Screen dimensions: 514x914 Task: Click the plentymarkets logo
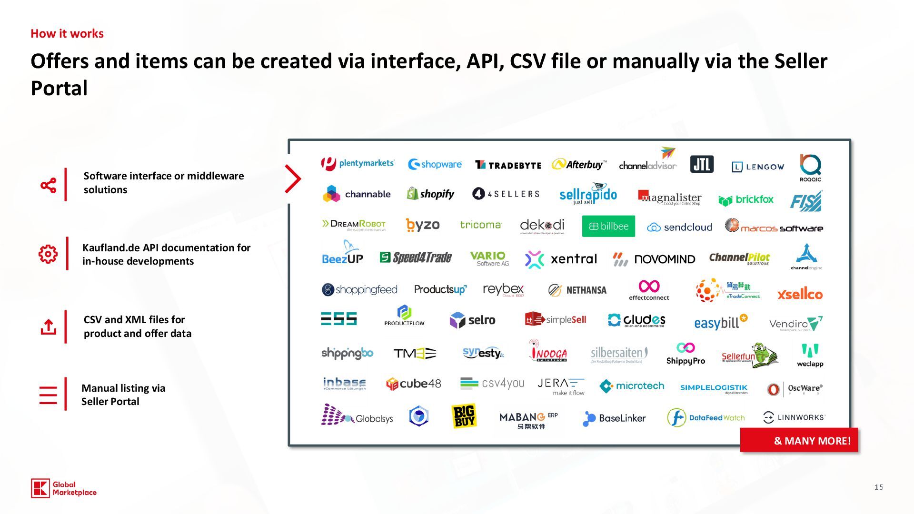[x=358, y=164]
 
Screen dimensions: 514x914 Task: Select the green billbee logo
[x=608, y=227]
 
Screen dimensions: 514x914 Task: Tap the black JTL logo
[x=702, y=165]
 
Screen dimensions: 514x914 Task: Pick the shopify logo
[x=430, y=194]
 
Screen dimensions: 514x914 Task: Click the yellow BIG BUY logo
[x=464, y=416]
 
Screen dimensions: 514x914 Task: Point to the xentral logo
[x=561, y=259]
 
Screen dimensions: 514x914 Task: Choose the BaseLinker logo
[x=614, y=418]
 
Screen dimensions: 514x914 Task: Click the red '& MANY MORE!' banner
[x=799, y=441]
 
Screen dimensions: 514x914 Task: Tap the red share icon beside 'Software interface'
[x=49, y=185]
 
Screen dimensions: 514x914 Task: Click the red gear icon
[x=48, y=254]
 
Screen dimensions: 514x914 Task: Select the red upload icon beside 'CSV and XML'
[x=49, y=327]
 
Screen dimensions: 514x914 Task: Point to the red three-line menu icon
[x=48, y=395]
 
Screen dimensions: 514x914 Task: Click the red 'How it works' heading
[x=67, y=34]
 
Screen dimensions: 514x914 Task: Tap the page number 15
[x=879, y=487]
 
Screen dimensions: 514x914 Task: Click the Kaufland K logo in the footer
[x=40, y=488]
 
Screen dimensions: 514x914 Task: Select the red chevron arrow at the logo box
[x=292, y=179]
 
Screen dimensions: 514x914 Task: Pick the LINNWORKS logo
[x=793, y=417]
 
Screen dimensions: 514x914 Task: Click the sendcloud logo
[x=679, y=227]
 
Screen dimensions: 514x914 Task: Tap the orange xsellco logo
[x=800, y=294]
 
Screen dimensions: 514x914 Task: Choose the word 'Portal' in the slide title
[x=59, y=89]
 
